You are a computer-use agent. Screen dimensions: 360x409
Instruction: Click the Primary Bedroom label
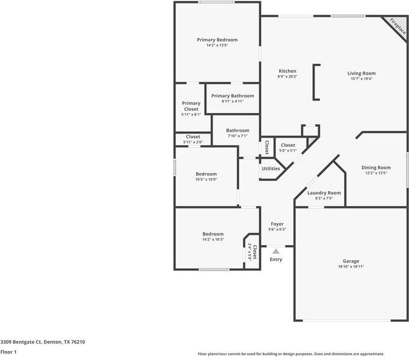(x=217, y=40)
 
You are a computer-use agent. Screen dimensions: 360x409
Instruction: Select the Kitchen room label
(x=287, y=71)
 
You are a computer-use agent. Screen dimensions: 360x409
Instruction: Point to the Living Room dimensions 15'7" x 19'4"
(x=361, y=79)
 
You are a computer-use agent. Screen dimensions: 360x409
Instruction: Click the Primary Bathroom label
(x=232, y=96)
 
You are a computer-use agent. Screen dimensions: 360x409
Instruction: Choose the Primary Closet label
(x=191, y=106)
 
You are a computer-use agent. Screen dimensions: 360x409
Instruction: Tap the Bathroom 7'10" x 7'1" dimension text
(x=238, y=136)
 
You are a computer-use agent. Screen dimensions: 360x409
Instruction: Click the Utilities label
(x=271, y=168)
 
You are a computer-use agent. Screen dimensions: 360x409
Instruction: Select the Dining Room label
(x=376, y=168)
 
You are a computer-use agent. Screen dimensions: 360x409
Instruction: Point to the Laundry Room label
(x=324, y=193)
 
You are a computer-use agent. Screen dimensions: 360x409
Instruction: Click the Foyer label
(x=277, y=224)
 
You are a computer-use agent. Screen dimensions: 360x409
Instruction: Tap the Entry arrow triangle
(x=275, y=251)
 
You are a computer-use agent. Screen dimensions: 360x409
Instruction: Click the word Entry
(x=275, y=260)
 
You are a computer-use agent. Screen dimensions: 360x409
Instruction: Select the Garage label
(x=351, y=261)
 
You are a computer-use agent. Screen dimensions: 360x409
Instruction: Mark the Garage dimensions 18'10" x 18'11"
(x=351, y=266)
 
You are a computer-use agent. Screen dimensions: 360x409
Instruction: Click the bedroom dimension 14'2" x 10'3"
(x=213, y=239)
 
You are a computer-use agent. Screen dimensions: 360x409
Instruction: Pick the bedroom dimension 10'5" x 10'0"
(x=206, y=179)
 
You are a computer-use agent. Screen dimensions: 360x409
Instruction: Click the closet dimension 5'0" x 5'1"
(x=288, y=150)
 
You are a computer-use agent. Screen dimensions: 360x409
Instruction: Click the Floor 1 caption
(x=8, y=352)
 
